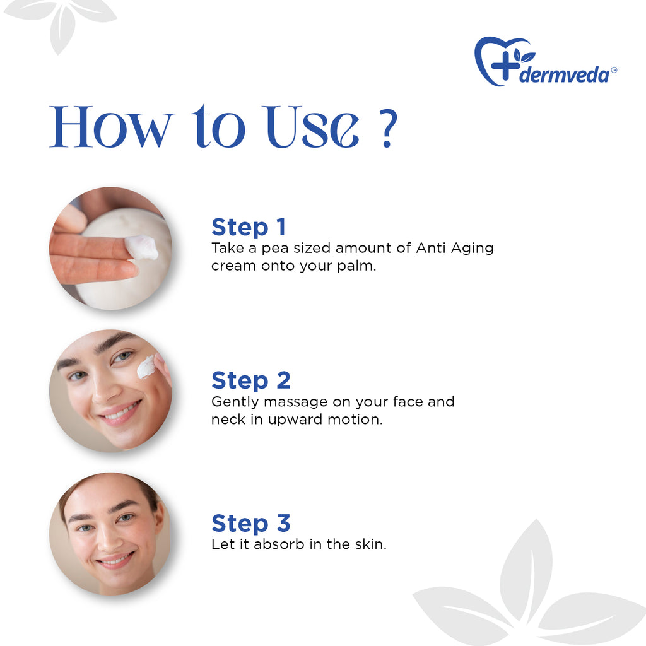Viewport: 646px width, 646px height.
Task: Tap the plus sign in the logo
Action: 502,66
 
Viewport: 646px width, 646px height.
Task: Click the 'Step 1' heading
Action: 249,227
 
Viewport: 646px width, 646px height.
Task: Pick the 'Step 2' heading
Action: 251,380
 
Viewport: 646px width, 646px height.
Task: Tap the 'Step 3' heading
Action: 251,524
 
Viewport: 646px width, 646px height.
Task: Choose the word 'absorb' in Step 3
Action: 279,544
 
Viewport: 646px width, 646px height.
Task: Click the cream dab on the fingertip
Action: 142,247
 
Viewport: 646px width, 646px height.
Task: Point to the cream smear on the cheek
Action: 146,367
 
